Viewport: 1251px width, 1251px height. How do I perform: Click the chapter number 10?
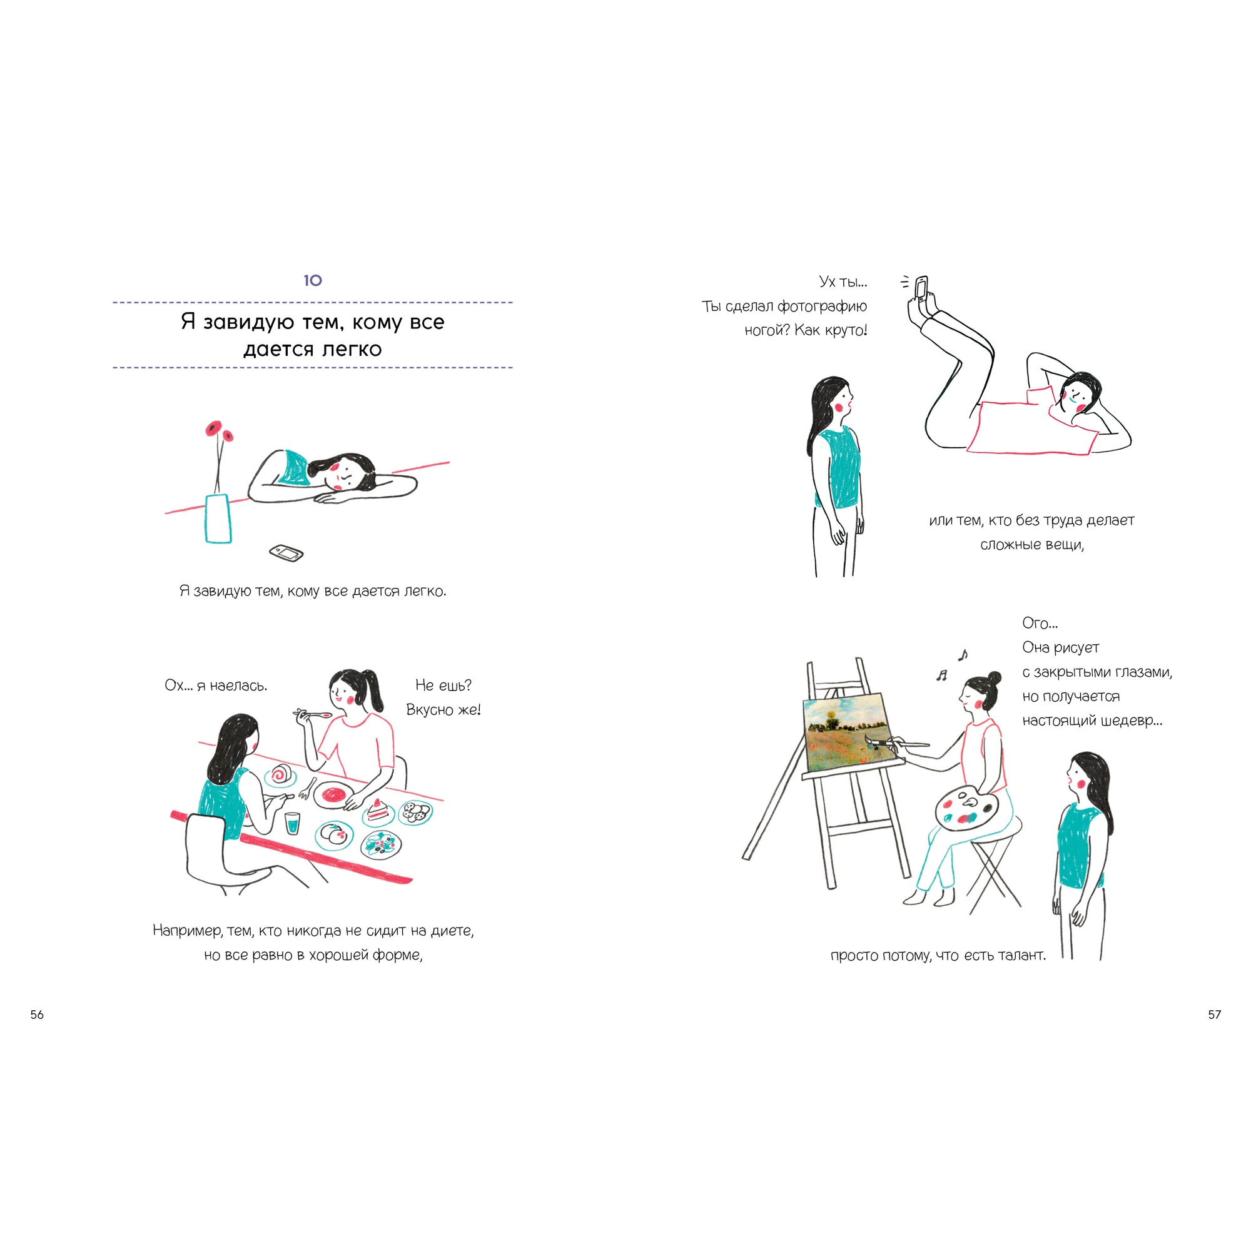tap(313, 280)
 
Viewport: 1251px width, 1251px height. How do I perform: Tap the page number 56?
tap(37, 1015)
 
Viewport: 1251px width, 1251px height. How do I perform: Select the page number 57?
tap(1214, 1015)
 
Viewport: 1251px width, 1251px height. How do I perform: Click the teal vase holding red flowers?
tap(218, 519)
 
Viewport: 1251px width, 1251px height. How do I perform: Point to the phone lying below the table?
tap(286, 553)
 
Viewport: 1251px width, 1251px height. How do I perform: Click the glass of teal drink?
tap(293, 824)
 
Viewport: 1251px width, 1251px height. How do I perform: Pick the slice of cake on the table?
tap(377, 810)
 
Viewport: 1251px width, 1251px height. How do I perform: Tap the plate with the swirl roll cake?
tap(281, 775)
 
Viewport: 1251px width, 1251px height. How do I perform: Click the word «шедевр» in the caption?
tap(1130, 721)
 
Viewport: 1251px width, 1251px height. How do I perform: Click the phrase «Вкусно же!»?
tap(443, 710)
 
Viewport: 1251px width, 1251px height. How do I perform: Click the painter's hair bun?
tap(994, 678)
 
